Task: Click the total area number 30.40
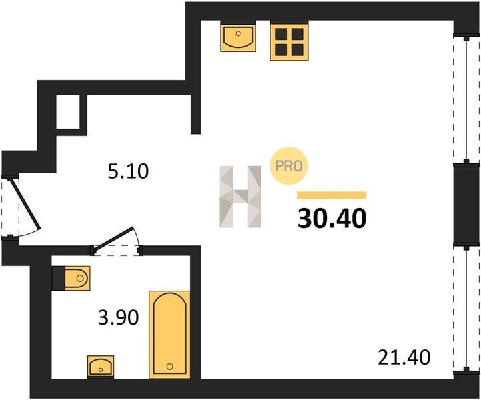(332, 218)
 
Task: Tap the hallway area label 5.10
(128, 171)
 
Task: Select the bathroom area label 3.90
(119, 317)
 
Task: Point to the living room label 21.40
(404, 357)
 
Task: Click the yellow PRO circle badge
(288, 166)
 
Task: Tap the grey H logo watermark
(240, 197)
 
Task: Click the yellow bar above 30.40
(332, 195)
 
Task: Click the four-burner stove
(289, 41)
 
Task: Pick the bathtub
(169, 335)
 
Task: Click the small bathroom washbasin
(101, 367)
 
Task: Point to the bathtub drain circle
(170, 366)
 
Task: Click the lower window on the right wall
(466, 309)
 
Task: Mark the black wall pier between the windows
(466, 205)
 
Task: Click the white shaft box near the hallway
(68, 112)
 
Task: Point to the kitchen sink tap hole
(239, 33)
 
